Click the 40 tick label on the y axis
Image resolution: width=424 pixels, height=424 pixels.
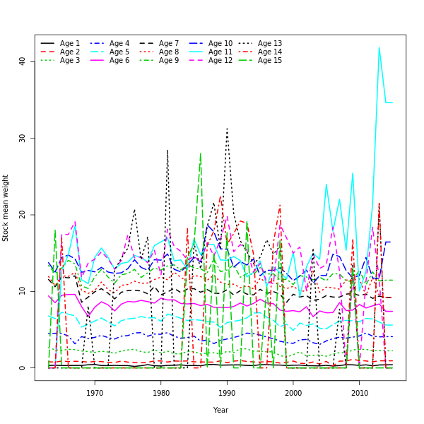coord(22,61)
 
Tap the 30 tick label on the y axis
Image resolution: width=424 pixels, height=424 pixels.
coord(22,138)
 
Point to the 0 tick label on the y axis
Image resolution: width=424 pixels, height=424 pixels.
coord(22,367)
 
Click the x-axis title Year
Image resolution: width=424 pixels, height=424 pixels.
coord(220,410)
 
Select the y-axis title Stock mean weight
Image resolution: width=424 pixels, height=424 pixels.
coord(6,208)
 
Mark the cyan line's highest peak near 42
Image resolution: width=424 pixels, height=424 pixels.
coord(379,47)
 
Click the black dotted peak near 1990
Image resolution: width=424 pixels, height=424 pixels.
coord(227,128)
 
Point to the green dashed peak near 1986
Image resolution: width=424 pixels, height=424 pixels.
coord(200,153)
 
